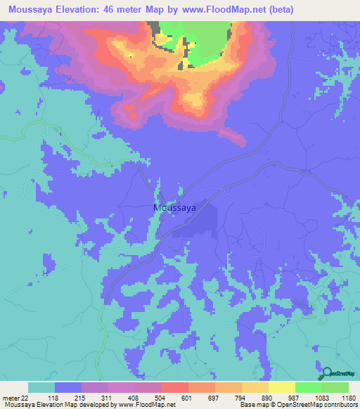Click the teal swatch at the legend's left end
(x=41, y=387)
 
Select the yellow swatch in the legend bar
(x=282, y=387)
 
